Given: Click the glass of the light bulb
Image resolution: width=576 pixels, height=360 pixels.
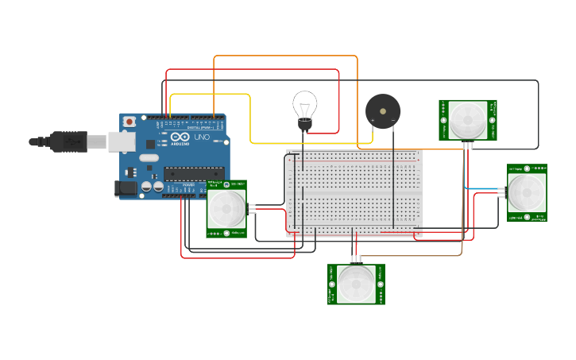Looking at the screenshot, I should pyautogui.click(x=304, y=105).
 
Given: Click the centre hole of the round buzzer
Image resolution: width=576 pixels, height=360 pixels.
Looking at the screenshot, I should pyautogui.click(x=383, y=111).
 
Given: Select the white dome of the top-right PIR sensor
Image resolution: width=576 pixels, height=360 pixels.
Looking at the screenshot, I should pyautogui.click(x=468, y=121).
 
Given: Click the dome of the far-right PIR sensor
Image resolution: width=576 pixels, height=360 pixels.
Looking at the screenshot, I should pyautogui.click(x=526, y=192).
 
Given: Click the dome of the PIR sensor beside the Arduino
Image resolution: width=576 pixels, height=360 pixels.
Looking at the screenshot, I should pyautogui.click(x=227, y=209).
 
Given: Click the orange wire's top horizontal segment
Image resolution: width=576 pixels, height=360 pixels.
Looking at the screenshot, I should pyautogui.click(x=286, y=56).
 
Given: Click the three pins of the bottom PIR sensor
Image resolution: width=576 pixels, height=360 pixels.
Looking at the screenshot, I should pyautogui.click(x=356, y=259).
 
